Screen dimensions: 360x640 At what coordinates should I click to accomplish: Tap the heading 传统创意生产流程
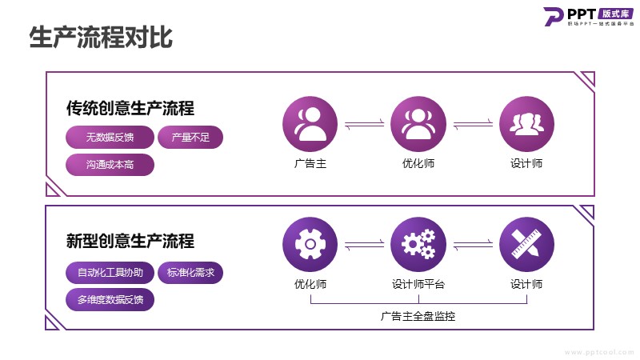(x=130, y=108)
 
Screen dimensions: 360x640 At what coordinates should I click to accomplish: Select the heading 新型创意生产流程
(x=130, y=241)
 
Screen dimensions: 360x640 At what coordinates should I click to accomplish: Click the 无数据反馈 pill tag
(x=110, y=138)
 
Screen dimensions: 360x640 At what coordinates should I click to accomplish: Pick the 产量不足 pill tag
(x=190, y=138)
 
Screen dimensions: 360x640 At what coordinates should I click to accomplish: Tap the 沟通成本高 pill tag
(x=110, y=165)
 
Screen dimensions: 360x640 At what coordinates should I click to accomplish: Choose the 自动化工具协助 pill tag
(x=110, y=273)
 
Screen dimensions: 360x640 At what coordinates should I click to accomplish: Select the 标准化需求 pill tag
(x=190, y=273)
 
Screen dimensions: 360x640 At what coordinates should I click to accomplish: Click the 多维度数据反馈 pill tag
(x=110, y=300)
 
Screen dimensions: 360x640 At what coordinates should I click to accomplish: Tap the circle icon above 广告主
(x=310, y=124)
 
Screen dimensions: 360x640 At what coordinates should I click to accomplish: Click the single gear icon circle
(x=310, y=244)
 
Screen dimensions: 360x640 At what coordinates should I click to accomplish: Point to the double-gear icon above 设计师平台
(x=418, y=244)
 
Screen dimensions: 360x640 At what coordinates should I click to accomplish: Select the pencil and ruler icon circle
(x=526, y=244)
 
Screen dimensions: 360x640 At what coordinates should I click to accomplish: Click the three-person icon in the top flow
(x=526, y=124)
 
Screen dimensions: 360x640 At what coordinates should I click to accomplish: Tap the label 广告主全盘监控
(x=418, y=316)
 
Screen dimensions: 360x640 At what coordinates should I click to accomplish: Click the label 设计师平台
(x=418, y=284)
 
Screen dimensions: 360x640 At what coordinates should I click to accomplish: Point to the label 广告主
(x=310, y=164)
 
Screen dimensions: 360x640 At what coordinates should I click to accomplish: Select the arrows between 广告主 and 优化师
(x=364, y=124)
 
